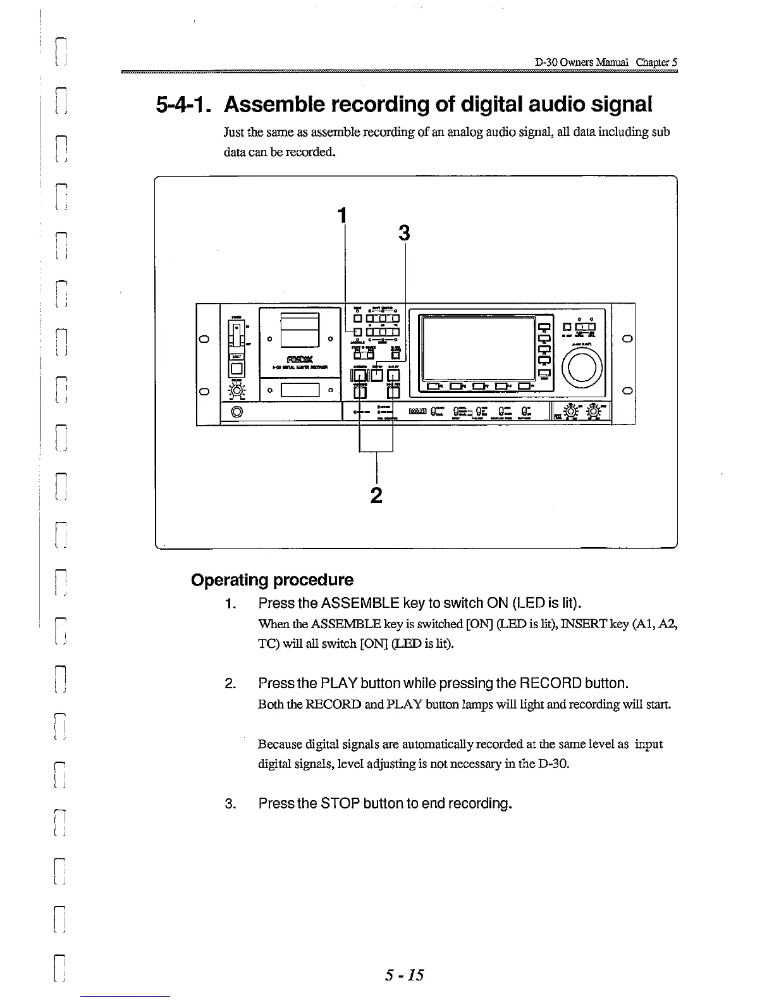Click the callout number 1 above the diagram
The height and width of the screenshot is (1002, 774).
(343, 216)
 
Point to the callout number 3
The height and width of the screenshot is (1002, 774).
(405, 234)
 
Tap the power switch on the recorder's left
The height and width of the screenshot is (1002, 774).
(236, 333)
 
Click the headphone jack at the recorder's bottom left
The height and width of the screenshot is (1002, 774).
(237, 413)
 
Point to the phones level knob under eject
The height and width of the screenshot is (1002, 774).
(237, 392)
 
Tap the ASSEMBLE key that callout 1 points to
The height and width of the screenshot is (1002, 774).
(357, 332)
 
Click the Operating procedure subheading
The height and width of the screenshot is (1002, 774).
(272, 580)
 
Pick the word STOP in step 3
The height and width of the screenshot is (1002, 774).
(341, 803)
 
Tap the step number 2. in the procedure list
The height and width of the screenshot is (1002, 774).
(230, 684)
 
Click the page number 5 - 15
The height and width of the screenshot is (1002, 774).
(404, 975)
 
